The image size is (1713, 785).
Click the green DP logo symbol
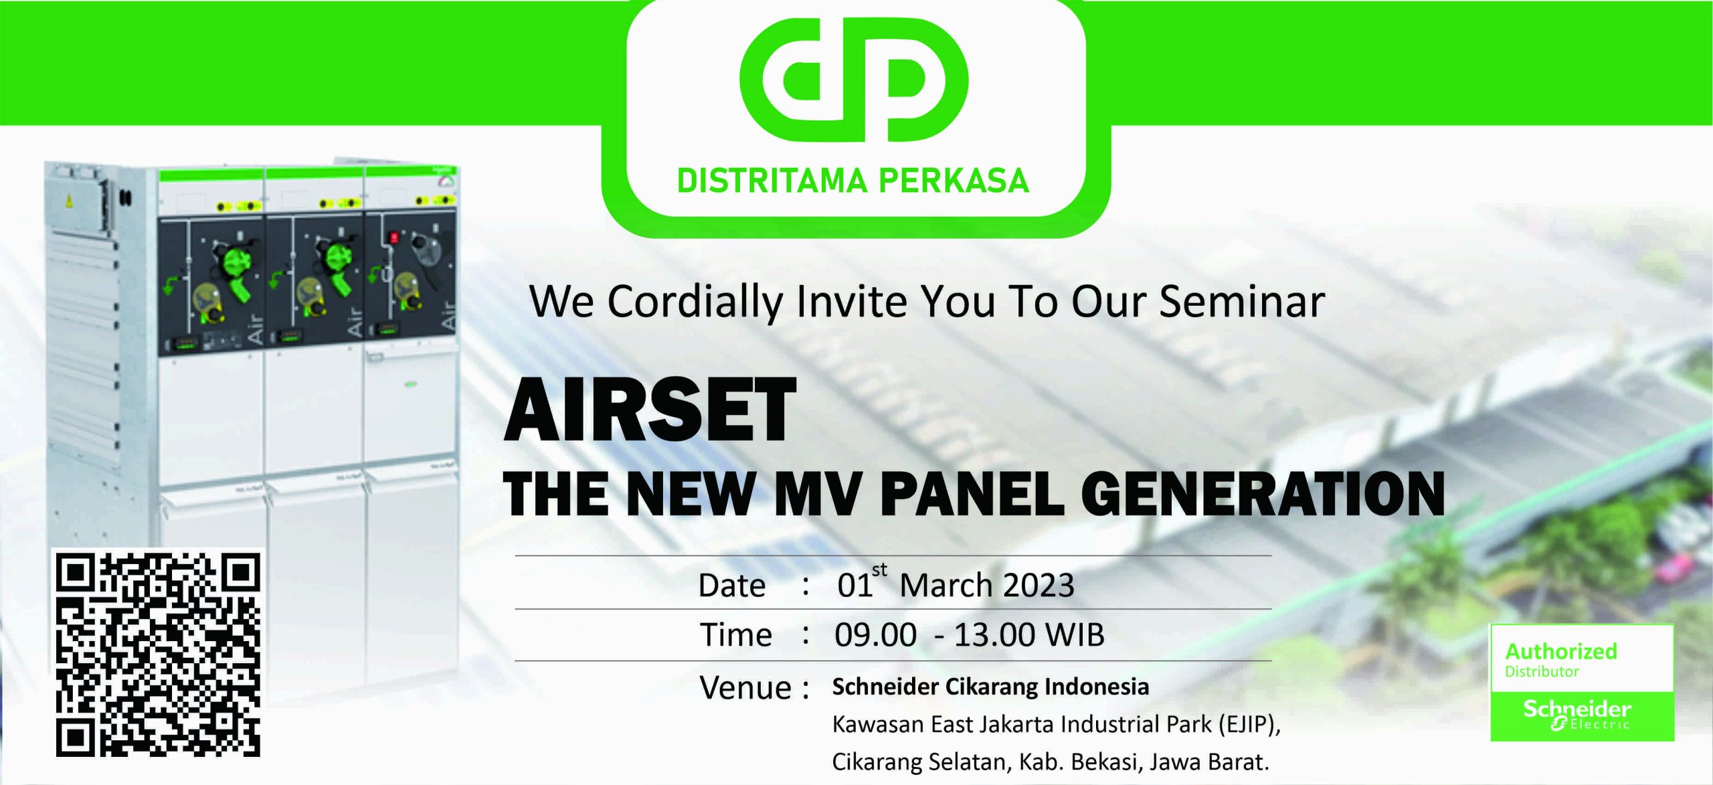coord(854,80)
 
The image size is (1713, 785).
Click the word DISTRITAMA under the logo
coord(772,181)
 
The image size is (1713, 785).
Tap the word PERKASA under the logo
coord(954,181)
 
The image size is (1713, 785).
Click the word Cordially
coord(695,302)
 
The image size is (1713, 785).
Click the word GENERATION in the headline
coord(1263,494)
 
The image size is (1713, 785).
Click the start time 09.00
coord(875,634)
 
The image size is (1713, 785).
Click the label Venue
coord(745,688)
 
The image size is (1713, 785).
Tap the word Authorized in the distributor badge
coord(1560,651)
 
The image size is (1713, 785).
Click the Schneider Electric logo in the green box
coord(1577,715)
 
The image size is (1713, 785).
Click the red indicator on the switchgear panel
coord(393,237)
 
